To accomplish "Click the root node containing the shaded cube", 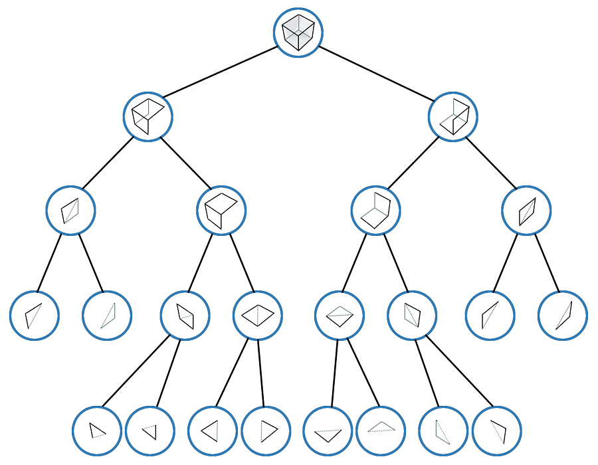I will pos(298,33).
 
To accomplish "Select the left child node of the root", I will pos(148,117).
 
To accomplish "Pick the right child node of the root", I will pos(454,117).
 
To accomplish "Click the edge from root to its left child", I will pos(221,72).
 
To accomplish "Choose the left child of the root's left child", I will pos(71,211).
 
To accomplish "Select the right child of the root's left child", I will pos(221,211).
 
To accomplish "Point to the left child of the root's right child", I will pos(375,211).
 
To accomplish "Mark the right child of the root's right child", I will pos(526,211).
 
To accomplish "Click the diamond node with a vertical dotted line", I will pos(258,315).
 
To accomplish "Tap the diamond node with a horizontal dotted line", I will pos(340,315).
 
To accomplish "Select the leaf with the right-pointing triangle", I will pos(266,430).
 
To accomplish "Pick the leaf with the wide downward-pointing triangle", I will pos(328,431).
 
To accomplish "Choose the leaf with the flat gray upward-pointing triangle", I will pos(381,430).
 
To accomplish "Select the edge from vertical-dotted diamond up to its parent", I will pos(242,262).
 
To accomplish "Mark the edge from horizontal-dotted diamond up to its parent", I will pos(354,262).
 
